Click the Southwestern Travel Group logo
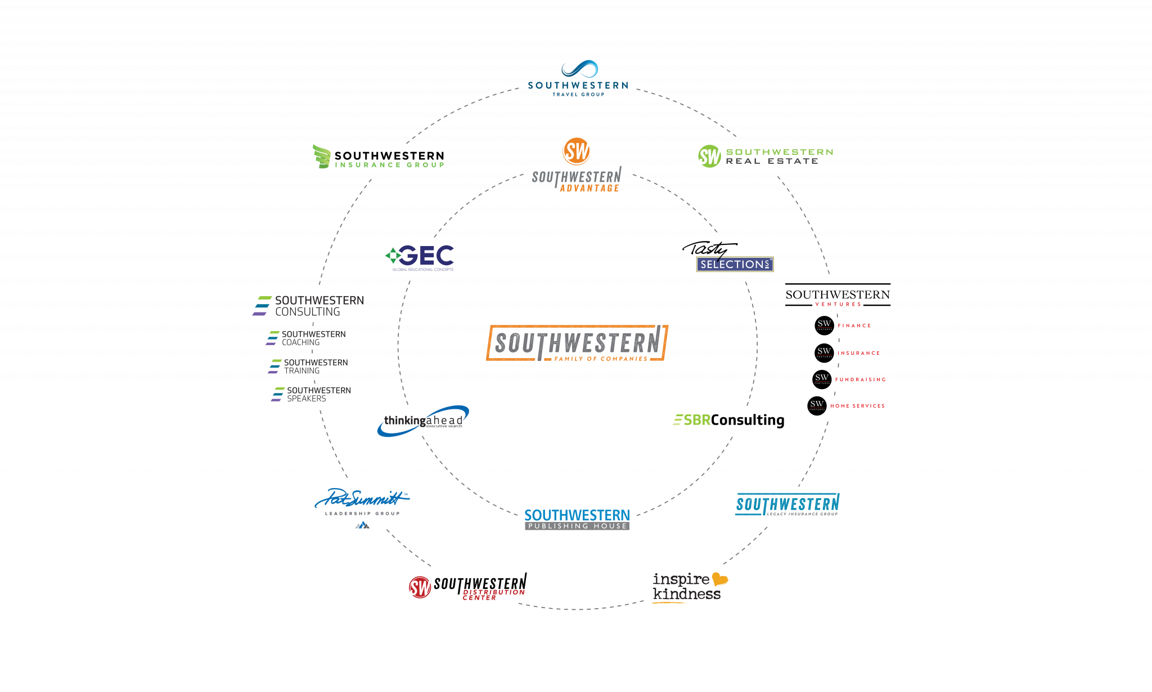tap(578, 78)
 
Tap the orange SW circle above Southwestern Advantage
tap(576, 151)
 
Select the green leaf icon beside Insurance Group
tap(322, 157)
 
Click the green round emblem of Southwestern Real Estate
tap(709, 156)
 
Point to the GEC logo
tap(420, 257)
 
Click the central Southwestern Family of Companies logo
tap(577, 342)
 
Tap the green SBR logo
tap(692, 419)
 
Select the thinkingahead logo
tap(423, 421)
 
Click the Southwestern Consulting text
tap(319, 306)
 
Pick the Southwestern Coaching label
tap(313, 338)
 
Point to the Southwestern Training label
tap(315, 366)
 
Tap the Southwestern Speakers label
tap(318, 394)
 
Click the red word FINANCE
tap(854, 325)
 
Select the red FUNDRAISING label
tap(860, 380)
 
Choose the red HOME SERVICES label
tap(857, 405)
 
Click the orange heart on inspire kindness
tap(719, 579)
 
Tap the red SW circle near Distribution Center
tap(420, 587)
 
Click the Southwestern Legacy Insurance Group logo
tap(787, 505)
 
